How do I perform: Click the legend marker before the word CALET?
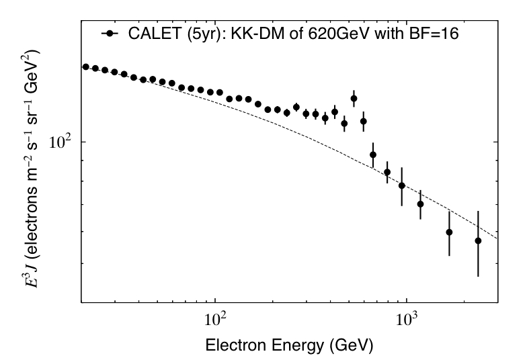pos(108,33)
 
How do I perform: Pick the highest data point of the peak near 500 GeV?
pos(354,99)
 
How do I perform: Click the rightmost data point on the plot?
pos(478,240)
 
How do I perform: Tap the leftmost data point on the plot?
pos(85,67)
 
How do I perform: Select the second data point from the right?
pos(449,232)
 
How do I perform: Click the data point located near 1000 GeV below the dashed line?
pos(420,204)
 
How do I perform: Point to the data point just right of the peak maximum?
pos(363,122)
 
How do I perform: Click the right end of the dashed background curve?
pos(497,238)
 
